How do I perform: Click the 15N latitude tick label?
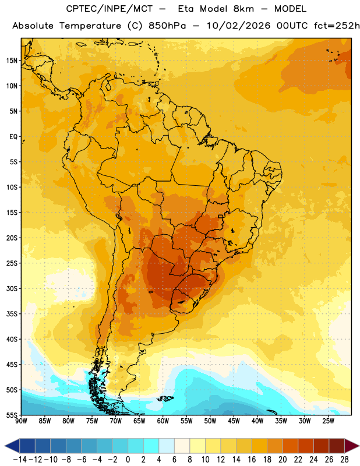[x=12, y=61]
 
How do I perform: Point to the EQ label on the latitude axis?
[x=13, y=137]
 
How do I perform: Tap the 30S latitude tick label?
[x=12, y=288]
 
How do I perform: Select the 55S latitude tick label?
[x=12, y=415]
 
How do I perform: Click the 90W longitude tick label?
[x=21, y=421]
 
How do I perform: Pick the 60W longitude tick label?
[x=163, y=421]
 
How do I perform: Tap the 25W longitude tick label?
[x=329, y=421]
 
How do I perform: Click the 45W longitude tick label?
[x=234, y=421]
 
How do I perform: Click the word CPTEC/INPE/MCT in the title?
[x=109, y=9]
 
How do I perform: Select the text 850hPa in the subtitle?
[x=167, y=26]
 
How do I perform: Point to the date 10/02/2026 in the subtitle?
[x=238, y=26]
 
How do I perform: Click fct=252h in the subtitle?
[x=337, y=26]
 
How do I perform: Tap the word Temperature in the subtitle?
[x=90, y=26]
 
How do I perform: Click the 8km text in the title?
[x=243, y=9]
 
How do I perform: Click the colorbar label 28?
[x=344, y=460]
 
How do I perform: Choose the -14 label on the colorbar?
[x=20, y=460]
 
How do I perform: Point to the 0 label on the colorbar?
[x=128, y=460]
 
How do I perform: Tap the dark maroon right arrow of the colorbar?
[x=351, y=446]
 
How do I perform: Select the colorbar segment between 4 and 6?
[x=167, y=446]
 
